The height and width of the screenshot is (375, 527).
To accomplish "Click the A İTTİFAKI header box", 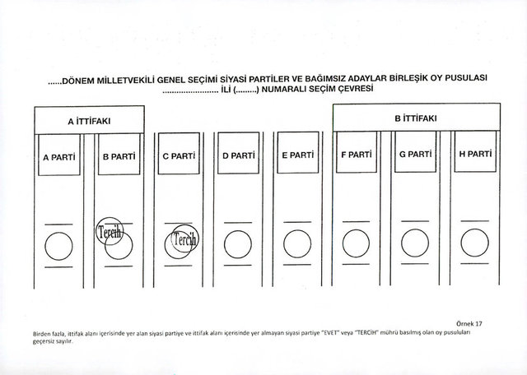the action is tap(90, 120).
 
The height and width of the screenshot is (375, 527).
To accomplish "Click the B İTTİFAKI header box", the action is tap(417, 117).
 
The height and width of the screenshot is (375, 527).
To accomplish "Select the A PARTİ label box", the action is tap(59, 155).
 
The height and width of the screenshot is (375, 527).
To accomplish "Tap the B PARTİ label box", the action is tap(119, 154).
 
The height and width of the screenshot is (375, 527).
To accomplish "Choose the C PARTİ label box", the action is tap(179, 154).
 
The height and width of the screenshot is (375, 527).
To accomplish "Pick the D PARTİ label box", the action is tap(238, 153).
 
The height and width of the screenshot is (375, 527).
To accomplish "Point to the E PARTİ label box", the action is tap(298, 152).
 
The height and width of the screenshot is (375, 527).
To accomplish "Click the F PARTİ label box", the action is tap(357, 152).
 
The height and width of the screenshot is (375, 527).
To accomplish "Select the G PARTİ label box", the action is tap(415, 152).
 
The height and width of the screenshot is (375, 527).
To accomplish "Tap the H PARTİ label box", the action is tap(475, 151).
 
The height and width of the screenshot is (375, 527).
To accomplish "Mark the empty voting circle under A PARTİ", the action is tap(58, 246).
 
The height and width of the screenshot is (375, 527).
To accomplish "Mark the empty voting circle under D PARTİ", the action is tap(238, 244).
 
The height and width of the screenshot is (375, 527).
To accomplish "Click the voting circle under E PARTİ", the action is tap(297, 243).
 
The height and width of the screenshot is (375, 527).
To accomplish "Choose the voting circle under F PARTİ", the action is tap(356, 243).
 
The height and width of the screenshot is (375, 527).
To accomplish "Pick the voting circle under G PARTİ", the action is tap(415, 243).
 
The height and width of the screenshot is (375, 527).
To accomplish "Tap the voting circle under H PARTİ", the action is tap(474, 243).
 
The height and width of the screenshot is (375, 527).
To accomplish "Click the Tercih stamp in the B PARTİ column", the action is tap(110, 231).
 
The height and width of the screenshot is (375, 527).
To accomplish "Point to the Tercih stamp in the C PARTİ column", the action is tap(184, 238).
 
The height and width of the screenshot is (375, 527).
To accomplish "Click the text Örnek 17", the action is tap(469, 324).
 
